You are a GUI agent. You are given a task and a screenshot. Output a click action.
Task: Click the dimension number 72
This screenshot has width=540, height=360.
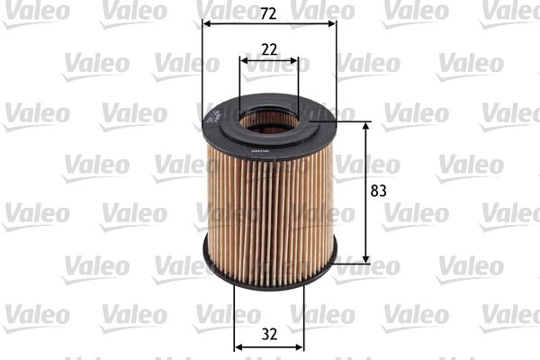click(x=269, y=13)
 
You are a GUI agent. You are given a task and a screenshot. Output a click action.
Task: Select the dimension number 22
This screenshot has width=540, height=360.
click(x=269, y=49)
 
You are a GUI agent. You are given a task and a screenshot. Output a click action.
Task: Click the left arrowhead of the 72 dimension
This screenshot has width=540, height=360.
click(x=208, y=25)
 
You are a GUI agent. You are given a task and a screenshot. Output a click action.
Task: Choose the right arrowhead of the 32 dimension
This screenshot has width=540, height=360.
click(x=300, y=346)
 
